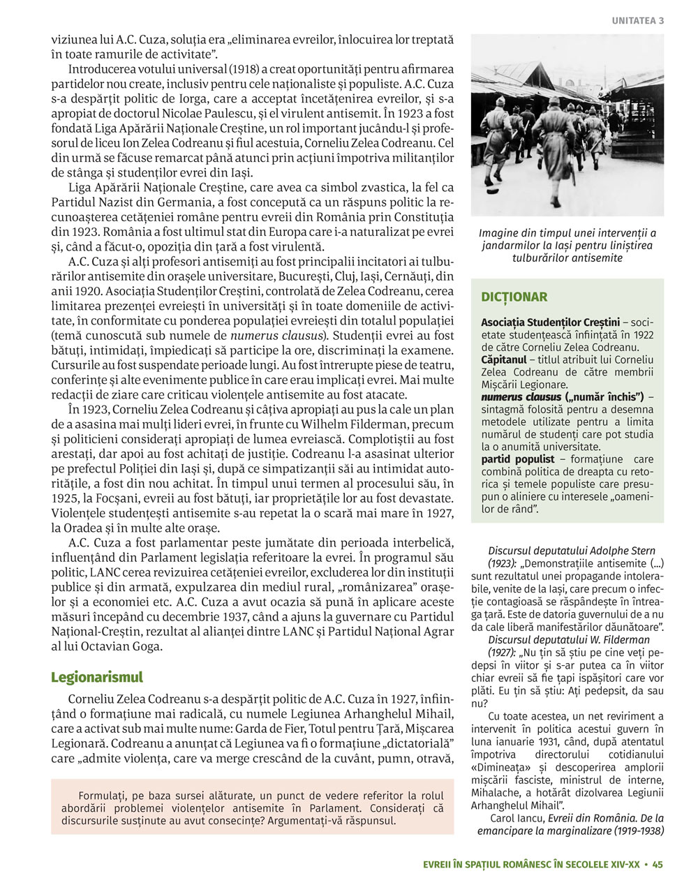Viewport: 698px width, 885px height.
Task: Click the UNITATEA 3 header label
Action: point(638,21)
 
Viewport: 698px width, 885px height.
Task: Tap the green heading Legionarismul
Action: point(97,677)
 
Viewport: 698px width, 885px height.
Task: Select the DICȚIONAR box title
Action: point(514,297)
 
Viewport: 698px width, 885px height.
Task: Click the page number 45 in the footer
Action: point(658,865)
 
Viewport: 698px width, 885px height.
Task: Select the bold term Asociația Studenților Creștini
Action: point(550,322)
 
